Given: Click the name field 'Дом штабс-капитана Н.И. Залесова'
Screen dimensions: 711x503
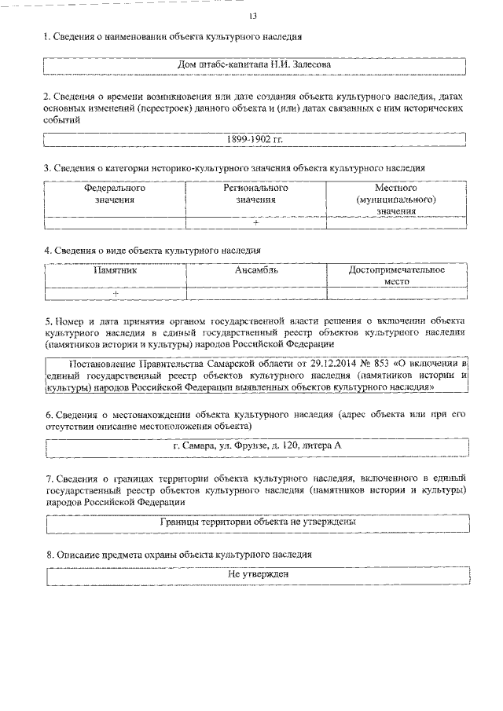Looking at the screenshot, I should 255,64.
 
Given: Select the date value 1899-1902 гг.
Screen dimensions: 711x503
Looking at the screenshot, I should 255,139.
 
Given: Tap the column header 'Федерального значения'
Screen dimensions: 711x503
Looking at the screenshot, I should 115,194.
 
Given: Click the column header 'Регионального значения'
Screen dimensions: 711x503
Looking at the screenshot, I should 256,194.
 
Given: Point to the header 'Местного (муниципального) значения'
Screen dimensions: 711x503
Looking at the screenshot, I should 396,200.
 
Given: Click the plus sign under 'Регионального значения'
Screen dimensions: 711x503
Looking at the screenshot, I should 256,222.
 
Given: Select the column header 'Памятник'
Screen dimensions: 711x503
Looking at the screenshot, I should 115,270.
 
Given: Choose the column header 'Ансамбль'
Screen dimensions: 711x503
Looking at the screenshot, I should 256,270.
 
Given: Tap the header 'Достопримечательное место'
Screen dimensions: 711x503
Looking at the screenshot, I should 396,275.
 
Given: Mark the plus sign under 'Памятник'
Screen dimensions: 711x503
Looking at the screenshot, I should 115,293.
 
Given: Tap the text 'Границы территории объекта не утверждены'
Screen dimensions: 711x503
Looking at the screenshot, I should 255,521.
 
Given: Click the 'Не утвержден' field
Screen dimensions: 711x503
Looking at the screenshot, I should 255,574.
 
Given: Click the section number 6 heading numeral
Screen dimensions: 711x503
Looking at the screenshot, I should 48,414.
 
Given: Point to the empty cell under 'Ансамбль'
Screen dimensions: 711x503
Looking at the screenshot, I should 256,293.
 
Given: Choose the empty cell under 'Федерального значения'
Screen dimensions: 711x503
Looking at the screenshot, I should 115,222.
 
